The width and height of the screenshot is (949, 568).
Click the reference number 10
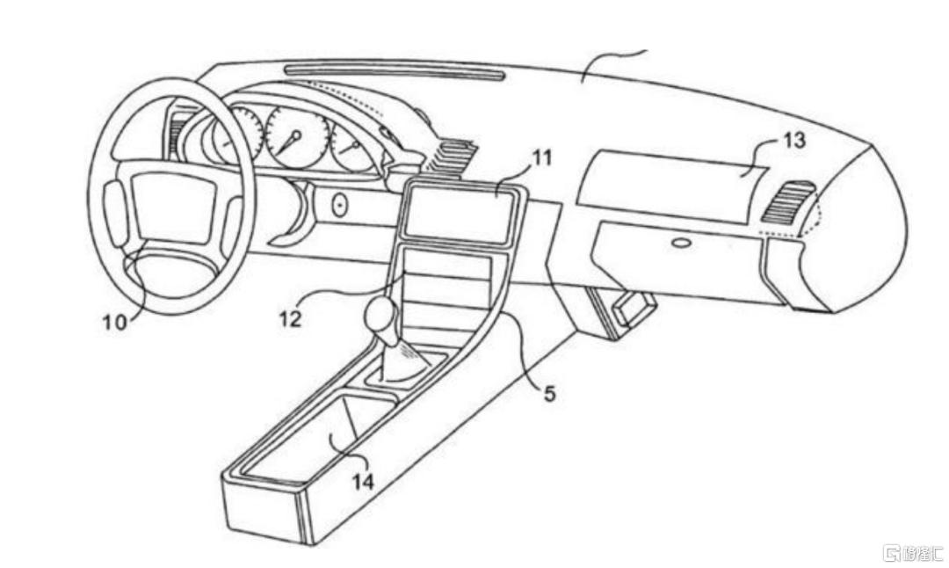click(114, 322)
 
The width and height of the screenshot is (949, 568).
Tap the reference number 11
click(542, 158)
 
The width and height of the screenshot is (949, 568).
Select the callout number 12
click(291, 317)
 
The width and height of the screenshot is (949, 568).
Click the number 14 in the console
click(363, 481)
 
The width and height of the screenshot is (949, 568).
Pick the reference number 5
click(549, 393)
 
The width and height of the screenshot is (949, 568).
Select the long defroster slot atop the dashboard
click(393, 72)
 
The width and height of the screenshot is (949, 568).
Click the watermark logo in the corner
click(913, 553)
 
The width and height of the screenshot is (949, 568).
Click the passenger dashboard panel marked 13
click(668, 180)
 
